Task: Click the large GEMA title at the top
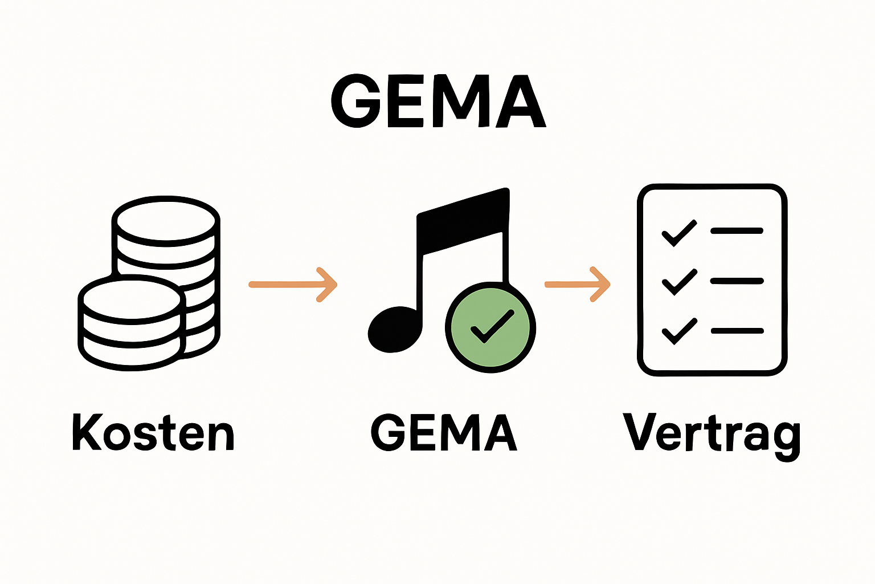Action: tap(438, 102)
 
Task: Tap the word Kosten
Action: tap(153, 432)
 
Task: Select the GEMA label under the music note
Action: tap(444, 432)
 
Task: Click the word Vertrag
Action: tap(712, 433)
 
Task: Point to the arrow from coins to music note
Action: tap(293, 284)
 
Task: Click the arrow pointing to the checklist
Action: tap(577, 284)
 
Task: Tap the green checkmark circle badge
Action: tap(490, 327)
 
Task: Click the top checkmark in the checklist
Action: tap(678, 232)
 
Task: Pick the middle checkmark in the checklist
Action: tap(678, 282)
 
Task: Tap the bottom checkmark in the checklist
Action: tap(678, 331)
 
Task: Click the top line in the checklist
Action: tap(737, 231)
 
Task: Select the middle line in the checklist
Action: tap(737, 281)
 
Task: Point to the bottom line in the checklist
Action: tap(737, 331)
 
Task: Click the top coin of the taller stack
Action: tap(166, 220)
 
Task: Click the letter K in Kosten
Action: tap(86, 432)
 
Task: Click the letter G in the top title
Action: tap(355, 102)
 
